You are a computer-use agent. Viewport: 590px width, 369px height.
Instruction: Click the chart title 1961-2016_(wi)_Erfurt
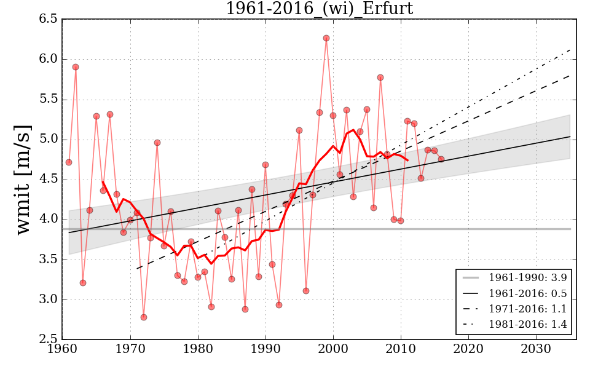click(319, 9)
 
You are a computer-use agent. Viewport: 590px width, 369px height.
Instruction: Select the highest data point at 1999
click(326, 38)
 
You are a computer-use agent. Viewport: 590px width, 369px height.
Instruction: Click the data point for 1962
click(76, 67)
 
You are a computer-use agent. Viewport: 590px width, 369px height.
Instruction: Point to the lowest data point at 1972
click(144, 317)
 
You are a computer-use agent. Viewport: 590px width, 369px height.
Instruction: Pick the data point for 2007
click(380, 77)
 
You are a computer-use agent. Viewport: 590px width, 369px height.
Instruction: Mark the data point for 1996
click(306, 291)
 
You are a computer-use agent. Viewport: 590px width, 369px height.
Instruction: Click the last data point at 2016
click(441, 159)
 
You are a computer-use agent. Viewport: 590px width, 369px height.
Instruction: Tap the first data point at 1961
click(69, 162)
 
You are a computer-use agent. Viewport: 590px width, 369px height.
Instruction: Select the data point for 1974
click(157, 143)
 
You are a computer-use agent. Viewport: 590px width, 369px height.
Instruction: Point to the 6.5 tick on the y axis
click(49, 19)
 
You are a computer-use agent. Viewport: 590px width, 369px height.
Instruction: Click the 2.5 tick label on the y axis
click(49, 340)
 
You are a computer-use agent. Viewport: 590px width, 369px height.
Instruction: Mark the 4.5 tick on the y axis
click(49, 180)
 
